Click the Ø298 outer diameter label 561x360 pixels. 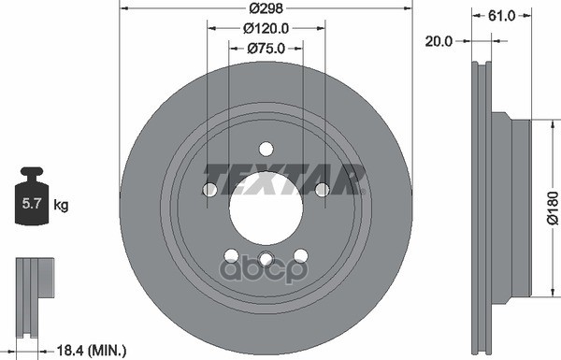[266, 8]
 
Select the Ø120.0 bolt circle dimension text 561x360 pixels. [266, 28]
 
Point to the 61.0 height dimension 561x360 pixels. [501, 15]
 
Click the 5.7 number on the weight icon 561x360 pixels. [30, 203]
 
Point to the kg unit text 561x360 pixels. [61, 203]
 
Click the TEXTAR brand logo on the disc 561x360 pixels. [283, 176]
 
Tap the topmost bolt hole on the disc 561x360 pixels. [266, 148]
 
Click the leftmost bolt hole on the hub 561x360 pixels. [209, 190]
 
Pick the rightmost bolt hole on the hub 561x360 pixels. [322, 190]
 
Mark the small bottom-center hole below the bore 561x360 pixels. [266, 259]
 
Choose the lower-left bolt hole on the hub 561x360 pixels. [231, 255]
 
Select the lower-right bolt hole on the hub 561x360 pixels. [300, 255]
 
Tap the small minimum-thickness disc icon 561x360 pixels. [32, 289]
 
